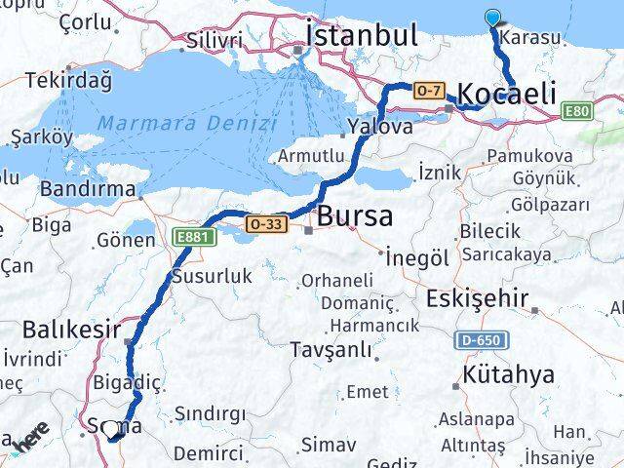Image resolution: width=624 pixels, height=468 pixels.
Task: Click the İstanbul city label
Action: coord(362,35)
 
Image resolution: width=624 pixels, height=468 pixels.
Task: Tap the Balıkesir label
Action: coord(74,329)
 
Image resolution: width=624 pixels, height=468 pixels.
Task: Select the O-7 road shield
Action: coord(430,91)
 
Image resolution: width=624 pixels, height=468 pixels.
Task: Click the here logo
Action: coord(30,442)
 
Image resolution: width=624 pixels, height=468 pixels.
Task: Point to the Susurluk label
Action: coord(212,276)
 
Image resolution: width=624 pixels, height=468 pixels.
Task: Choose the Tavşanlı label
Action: coord(333,348)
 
